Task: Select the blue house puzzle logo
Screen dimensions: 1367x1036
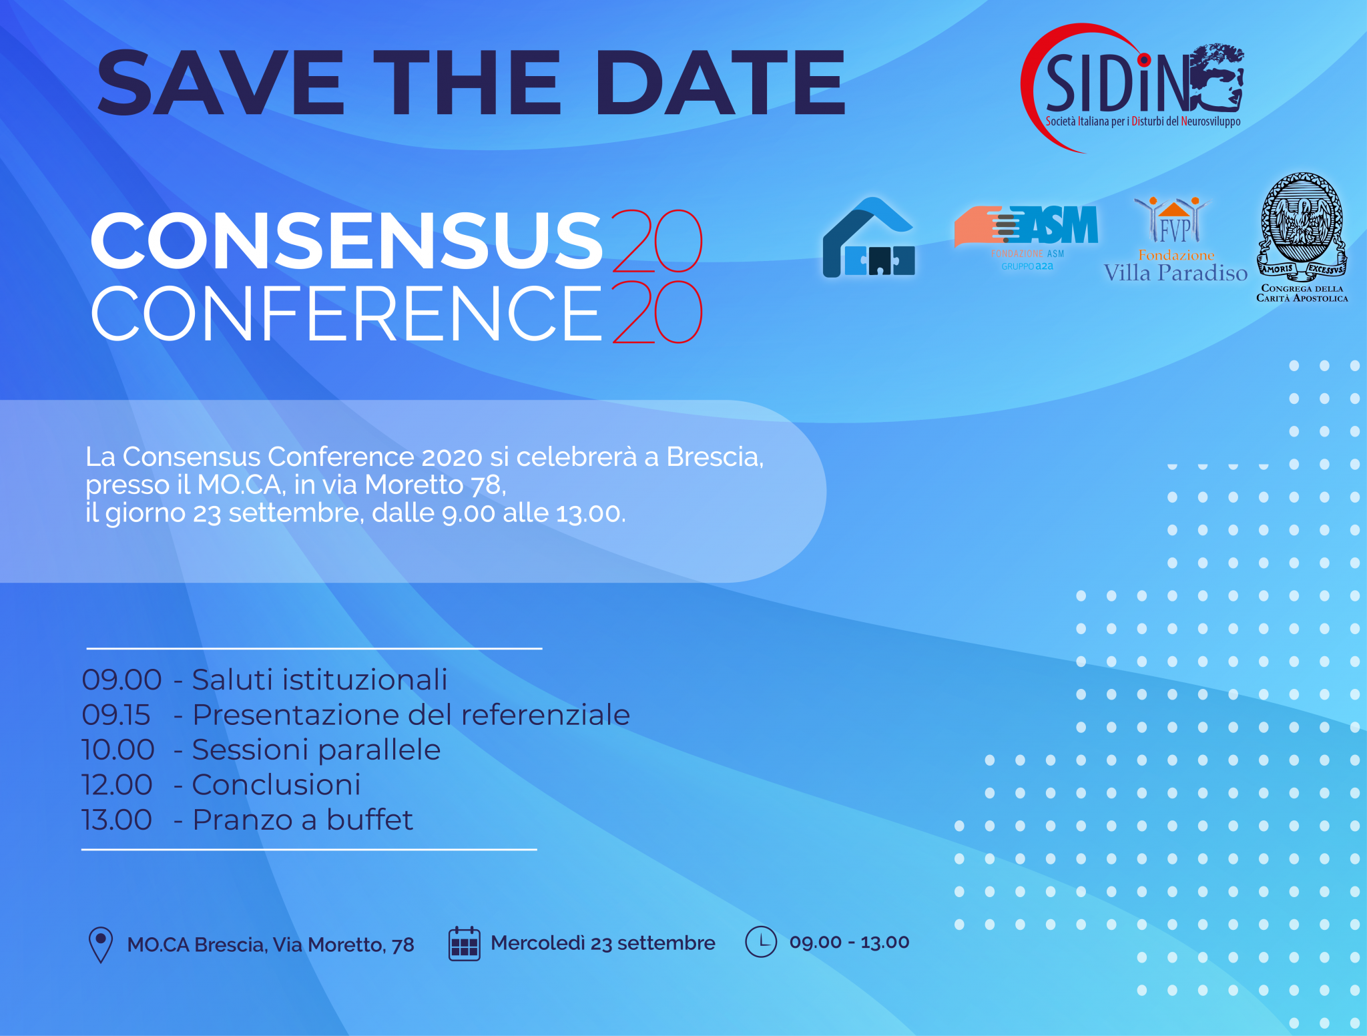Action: tap(868, 237)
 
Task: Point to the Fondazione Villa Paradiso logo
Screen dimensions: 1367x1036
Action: tap(1175, 240)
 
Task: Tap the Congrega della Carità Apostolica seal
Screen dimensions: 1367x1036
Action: tap(1302, 238)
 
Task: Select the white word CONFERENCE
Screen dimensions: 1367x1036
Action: tap(346, 312)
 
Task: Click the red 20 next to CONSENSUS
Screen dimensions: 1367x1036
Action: tap(657, 241)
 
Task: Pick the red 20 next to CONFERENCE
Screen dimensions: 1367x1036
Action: tap(657, 312)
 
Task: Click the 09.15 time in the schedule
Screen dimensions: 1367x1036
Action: tap(116, 715)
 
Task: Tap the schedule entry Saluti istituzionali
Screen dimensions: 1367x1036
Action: tap(320, 680)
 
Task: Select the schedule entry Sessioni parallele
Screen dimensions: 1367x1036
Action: tap(316, 750)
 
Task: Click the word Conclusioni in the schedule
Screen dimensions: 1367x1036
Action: tap(276, 785)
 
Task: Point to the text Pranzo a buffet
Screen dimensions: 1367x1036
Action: tap(303, 820)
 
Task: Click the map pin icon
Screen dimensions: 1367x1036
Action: tap(101, 945)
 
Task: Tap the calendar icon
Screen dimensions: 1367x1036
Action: tap(465, 944)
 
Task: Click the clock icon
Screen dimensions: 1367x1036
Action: tap(761, 942)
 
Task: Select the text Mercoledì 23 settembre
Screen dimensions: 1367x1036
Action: tap(603, 943)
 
